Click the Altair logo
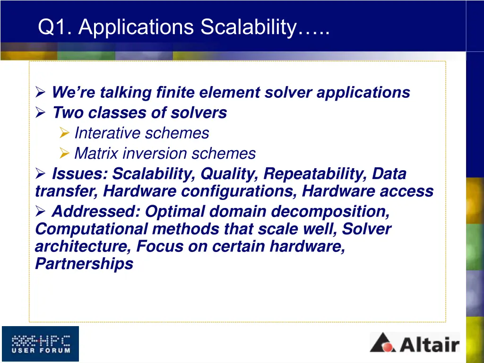[415, 342]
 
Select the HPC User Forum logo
[40, 344]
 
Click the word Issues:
[79, 174]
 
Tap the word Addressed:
[96, 211]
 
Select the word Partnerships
[84, 264]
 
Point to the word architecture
[83, 246]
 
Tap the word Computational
[92, 229]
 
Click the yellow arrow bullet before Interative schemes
[65, 134]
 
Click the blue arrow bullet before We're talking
[40, 93]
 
